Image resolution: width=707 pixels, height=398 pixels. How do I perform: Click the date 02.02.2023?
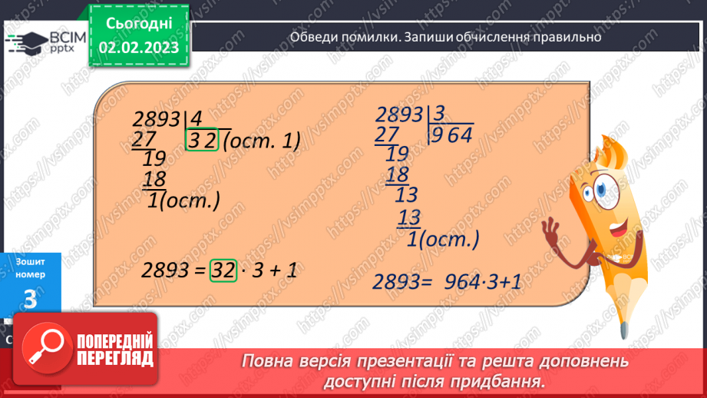[x=138, y=48]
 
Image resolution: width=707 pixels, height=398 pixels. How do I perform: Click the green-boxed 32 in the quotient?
[x=203, y=141]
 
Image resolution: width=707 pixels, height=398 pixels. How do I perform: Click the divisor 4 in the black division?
[x=197, y=119]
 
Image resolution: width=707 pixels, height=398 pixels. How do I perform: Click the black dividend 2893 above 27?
[x=157, y=120]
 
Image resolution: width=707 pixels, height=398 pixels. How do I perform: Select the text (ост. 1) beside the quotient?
[x=261, y=141]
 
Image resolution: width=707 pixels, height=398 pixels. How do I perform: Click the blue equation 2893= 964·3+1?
[x=448, y=281]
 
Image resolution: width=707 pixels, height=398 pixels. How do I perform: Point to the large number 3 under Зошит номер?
[x=30, y=301]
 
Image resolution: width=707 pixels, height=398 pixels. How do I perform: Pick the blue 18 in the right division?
[x=397, y=174]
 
